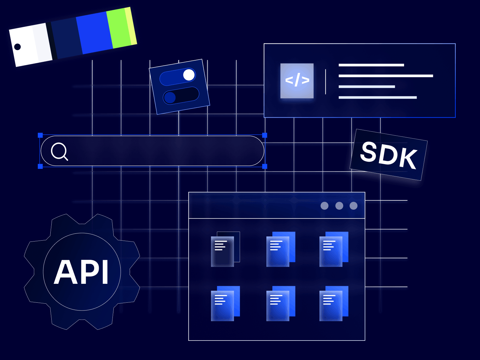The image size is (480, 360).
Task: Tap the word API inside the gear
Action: click(x=81, y=272)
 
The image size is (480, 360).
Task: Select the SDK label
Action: click(x=388, y=155)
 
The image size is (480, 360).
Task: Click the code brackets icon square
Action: click(x=297, y=81)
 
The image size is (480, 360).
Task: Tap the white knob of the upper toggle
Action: click(x=189, y=75)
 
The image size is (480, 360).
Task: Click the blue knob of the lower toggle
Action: click(x=170, y=97)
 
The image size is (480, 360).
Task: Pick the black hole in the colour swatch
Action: click(x=17, y=46)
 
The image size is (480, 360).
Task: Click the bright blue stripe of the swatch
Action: click(x=94, y=33)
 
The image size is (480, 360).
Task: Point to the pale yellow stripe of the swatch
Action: click(x=131, y=26)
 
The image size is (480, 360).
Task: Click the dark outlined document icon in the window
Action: click(x=225, y=249)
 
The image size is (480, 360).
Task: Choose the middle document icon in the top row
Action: click(x=281, y=249)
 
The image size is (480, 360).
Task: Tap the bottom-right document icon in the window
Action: click(x=334, y=303)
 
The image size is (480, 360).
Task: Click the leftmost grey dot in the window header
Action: click(x=325, y=206)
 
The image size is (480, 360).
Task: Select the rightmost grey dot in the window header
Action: click(x=354, y=206)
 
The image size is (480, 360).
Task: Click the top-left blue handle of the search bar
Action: click(x=40, y=135)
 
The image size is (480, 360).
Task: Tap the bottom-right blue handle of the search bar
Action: click(x=265, y=166)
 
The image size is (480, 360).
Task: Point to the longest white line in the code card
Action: click(x=386, y=76)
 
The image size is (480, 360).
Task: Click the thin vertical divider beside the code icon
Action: click(x=325, y=82)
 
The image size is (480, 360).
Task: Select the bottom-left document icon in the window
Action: click(x=225, y=303)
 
